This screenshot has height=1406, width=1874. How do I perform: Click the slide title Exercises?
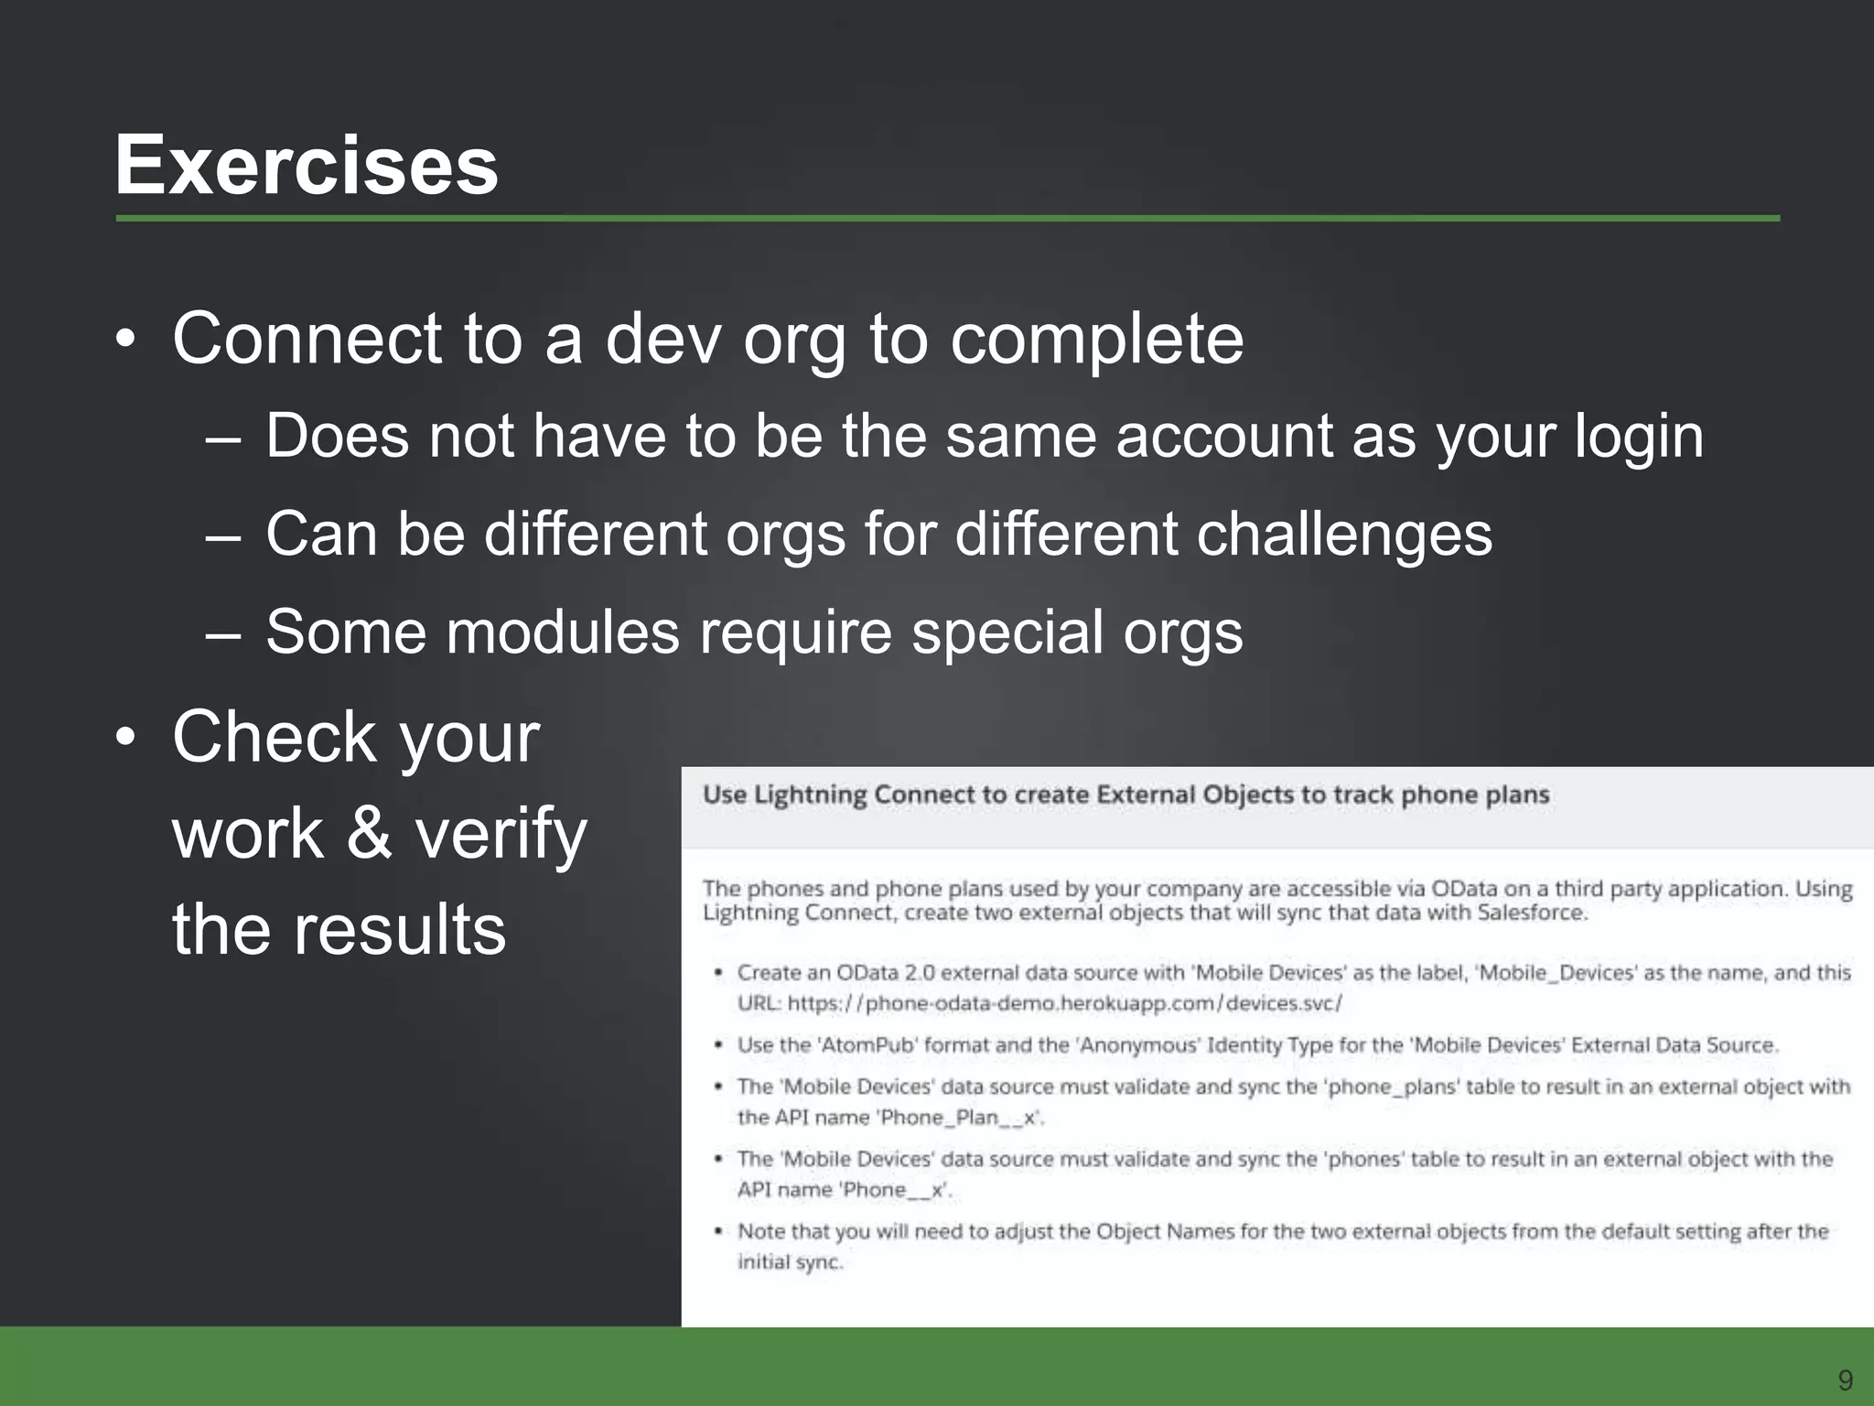[x=307, y=166]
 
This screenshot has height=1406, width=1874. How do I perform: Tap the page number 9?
[x=1845, y=1379]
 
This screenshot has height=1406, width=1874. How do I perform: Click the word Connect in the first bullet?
[x=307, y=339]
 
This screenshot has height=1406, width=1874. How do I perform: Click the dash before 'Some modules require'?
[x=223, y=633]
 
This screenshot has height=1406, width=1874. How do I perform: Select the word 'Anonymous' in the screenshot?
[x=1138, y=1045]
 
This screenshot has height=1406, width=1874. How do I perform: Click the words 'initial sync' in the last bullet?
[x=789, y=1262]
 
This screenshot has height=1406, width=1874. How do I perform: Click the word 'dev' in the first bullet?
[x=662, y=339]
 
